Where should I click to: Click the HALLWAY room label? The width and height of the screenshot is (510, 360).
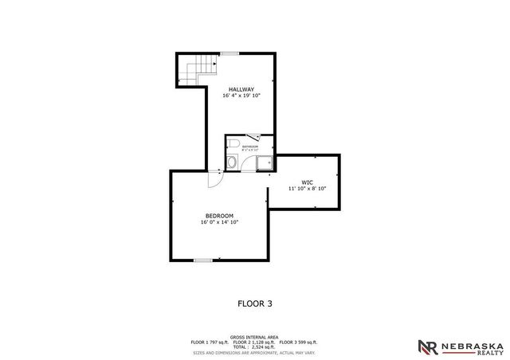coord(241,88)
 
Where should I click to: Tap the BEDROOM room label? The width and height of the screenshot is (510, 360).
coord(219,216)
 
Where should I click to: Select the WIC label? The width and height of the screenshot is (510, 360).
coord(307,182)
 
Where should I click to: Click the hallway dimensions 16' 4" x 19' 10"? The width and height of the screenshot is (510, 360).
coord(241,96)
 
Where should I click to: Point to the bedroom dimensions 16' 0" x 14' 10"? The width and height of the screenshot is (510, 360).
coord(219,223)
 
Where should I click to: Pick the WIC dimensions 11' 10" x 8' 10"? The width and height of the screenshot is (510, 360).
coord(307,189)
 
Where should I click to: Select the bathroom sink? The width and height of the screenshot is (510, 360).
coord(230,162)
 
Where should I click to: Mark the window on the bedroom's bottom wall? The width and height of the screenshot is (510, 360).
coord(204,260)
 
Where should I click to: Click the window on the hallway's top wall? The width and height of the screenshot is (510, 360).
coord(229,53)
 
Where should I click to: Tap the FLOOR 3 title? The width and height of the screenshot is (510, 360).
coord(254,303)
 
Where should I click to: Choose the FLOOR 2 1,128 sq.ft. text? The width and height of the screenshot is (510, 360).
coord(259,342)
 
